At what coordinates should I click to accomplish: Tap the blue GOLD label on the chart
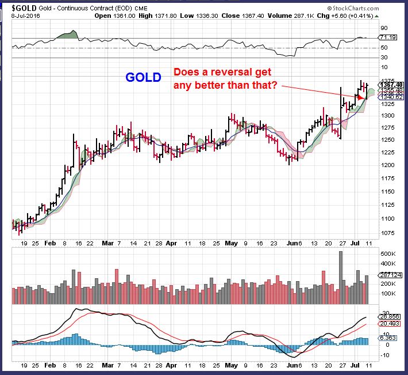tap(143, 77)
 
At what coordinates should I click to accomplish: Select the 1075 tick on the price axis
tap(387, 233)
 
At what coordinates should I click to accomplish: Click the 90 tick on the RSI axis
tap(383, 26)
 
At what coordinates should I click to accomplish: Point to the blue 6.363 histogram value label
tap(388, 338)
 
